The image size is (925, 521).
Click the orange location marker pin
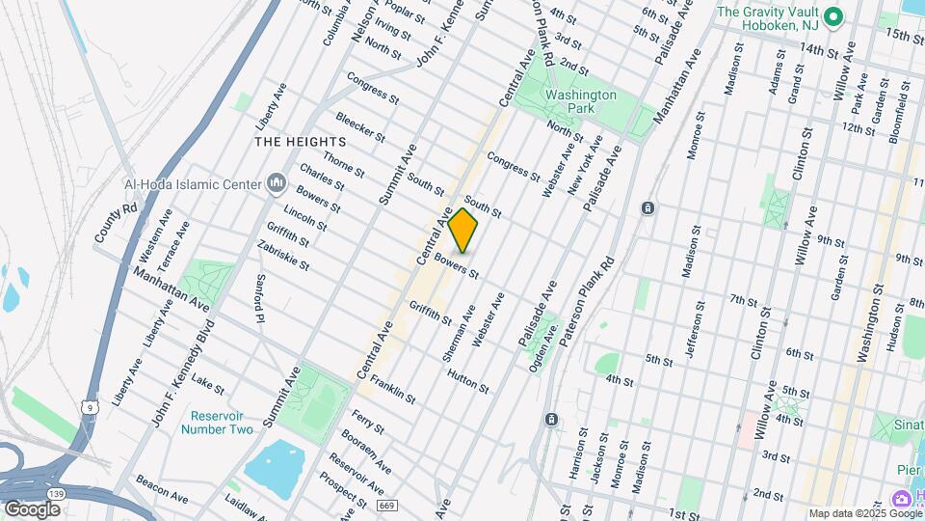point(463,230)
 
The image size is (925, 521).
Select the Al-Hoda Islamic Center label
point(200,183)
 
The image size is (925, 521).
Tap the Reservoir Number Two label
point(217,422)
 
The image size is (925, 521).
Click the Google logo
point(32,508)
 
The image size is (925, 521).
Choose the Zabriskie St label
point(283,255)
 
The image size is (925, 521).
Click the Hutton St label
point(468,379)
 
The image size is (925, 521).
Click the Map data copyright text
point(864,512)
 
